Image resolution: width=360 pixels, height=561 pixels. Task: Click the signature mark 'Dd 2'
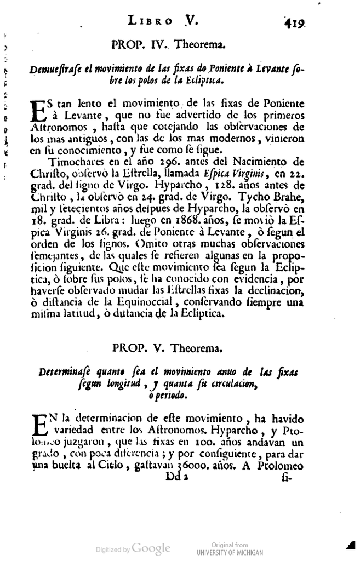pos(176,477)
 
